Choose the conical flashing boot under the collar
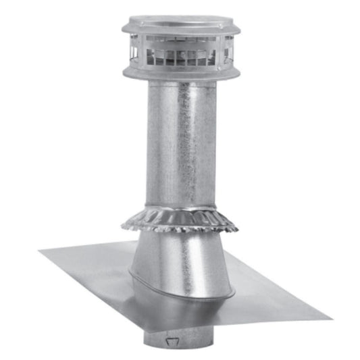coord(179,260)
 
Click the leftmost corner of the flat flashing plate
coord(41,252)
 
